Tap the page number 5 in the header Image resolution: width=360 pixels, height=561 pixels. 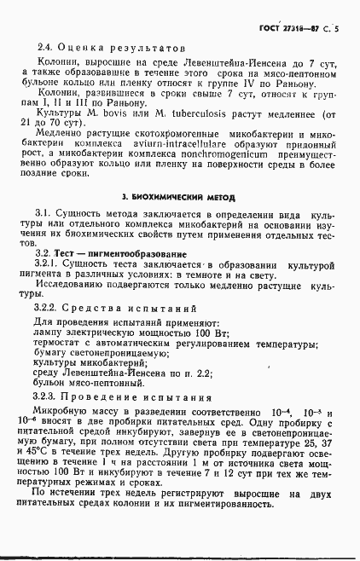coord(337,29)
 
